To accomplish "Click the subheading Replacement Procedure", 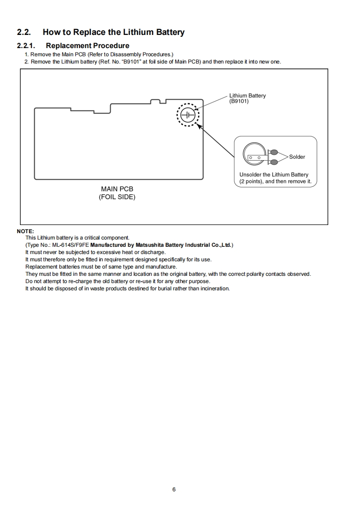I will (x=88, y=45).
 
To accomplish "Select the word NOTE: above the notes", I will (x=25, y=231).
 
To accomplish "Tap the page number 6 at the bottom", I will (x=174, y=489).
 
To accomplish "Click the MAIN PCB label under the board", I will (x=117, y=189).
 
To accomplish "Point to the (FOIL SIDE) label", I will (x=117, y=197).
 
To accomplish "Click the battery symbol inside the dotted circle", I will (x=187, y=115).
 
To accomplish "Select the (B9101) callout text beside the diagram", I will (x=239, y=101).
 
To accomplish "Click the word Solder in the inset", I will (x=297, y=157).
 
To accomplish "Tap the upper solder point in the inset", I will (x=274, y=152).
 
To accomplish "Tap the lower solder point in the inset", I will (x=274, y=162).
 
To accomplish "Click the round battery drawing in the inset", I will (x=254, y=155).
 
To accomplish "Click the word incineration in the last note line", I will (x=213, y=289).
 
